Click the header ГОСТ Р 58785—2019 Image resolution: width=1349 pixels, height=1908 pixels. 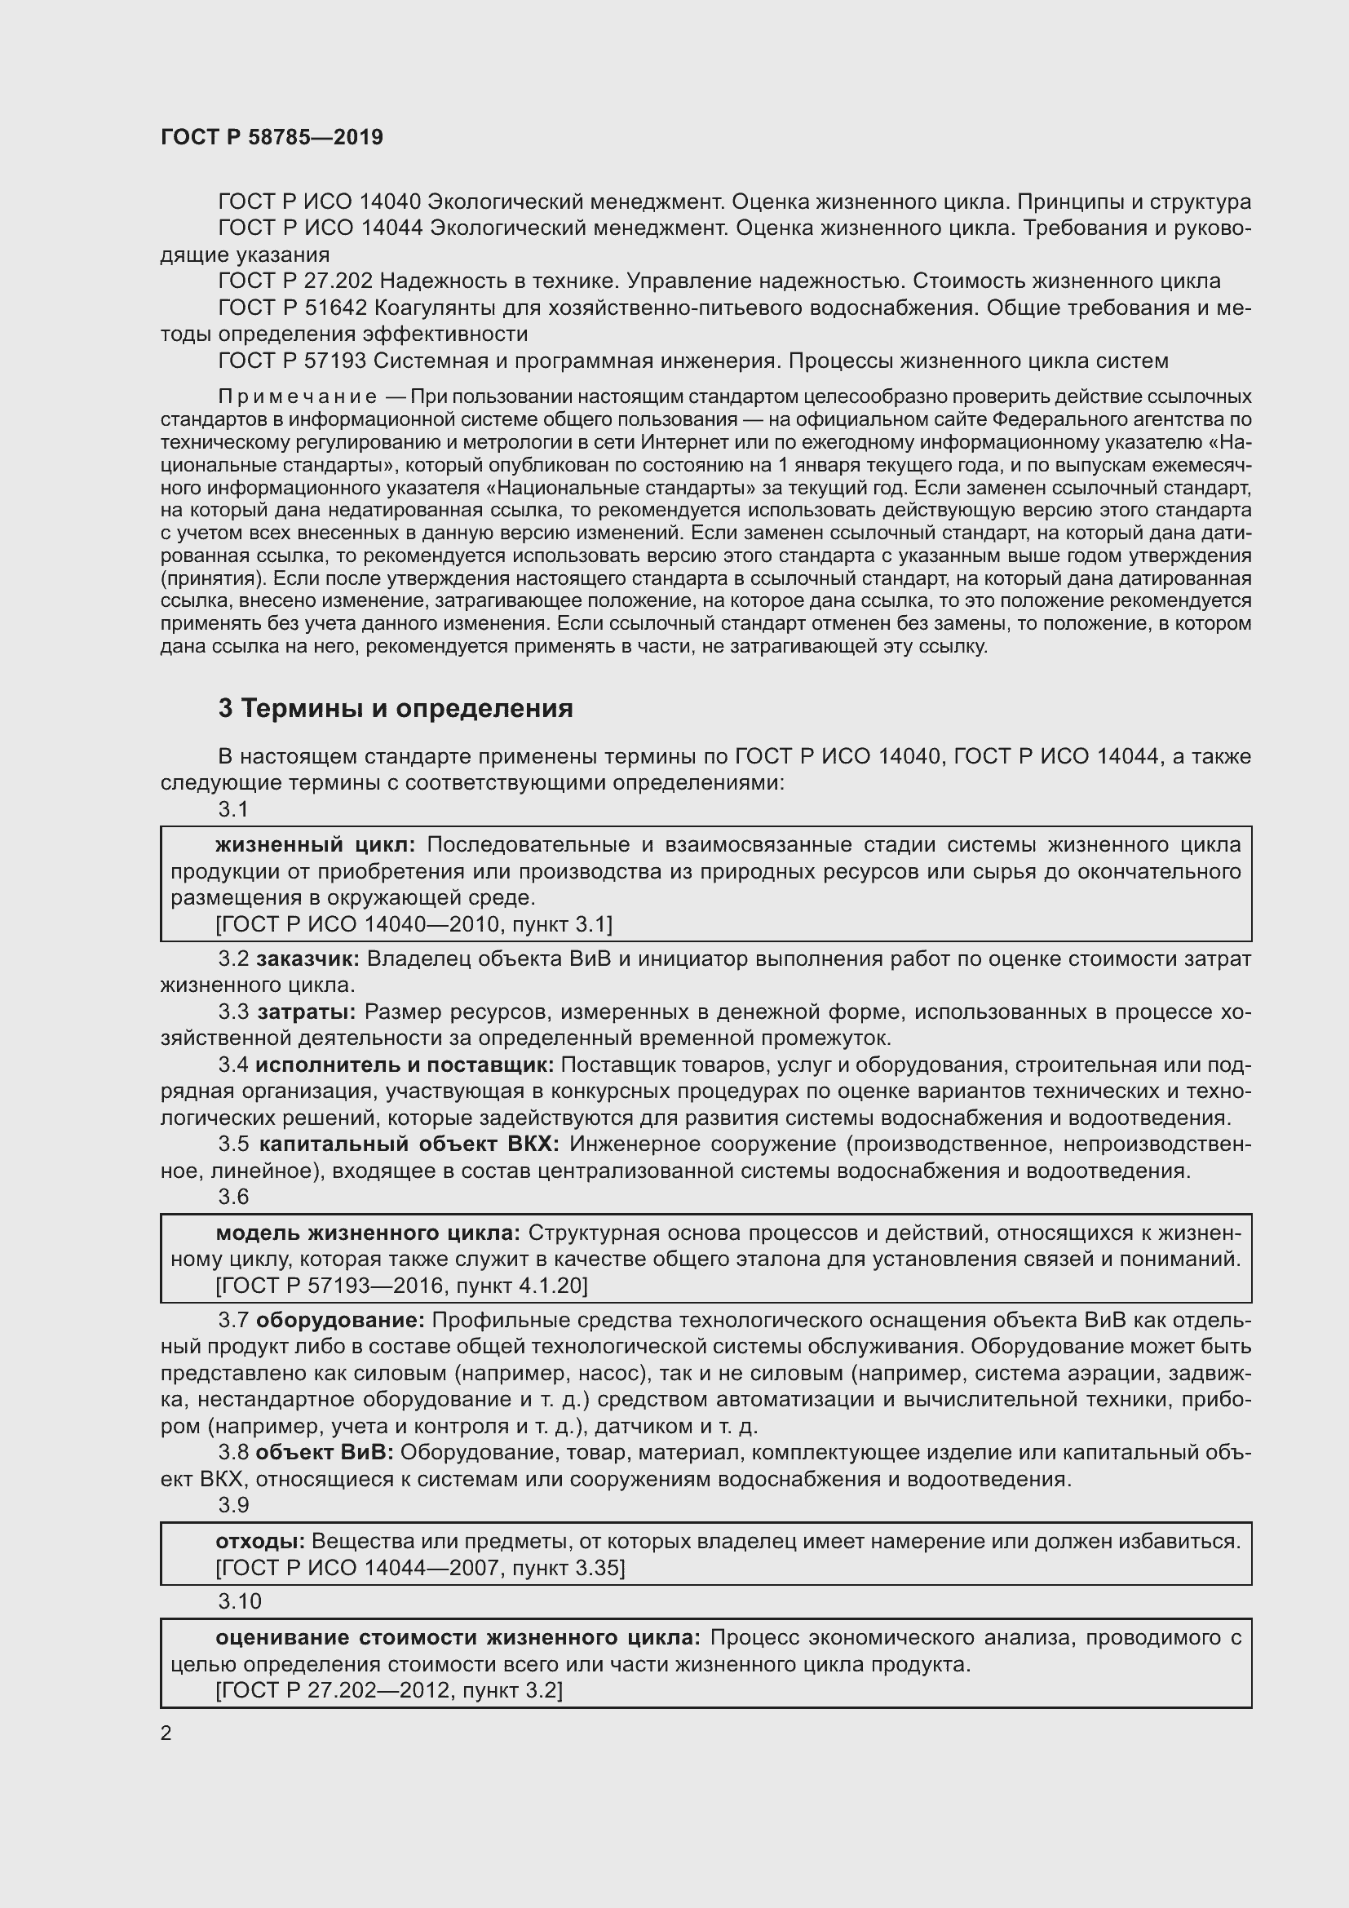click(x=272, y=137)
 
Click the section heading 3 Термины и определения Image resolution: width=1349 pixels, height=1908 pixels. click(x=396, y=708)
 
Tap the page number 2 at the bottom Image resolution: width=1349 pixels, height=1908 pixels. click(x=166, y=1733)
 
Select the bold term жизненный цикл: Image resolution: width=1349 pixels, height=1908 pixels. click(x=316, y=845)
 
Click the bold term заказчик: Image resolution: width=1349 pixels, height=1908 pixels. click(x=307, y=959)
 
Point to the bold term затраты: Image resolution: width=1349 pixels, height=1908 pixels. click(x=307, y=1012)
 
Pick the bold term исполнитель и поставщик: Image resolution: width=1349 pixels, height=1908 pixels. click(x=405, y=1065)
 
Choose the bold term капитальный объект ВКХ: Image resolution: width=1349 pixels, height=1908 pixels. click(x=409, y=1144)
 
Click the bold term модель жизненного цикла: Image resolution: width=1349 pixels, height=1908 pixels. click(x=367, y=1232)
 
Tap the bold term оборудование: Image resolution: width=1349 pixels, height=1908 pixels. click(x=341, y=1320)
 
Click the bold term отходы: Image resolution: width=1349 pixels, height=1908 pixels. click(x=260, y=1541)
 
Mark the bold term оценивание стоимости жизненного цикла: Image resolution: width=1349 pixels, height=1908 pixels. click(x=458, y=1637)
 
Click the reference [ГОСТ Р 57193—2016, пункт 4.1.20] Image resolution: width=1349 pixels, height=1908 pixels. click(x=401, y=1286)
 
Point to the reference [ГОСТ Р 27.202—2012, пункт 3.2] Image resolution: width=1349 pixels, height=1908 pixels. click(x=389, y=1690)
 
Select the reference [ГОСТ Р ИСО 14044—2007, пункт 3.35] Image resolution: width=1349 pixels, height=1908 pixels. click(x=420, y=1567)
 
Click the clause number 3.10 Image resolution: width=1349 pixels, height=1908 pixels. click(x=240, y=1600)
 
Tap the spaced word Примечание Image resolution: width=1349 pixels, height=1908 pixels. click(x=297, y=396)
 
